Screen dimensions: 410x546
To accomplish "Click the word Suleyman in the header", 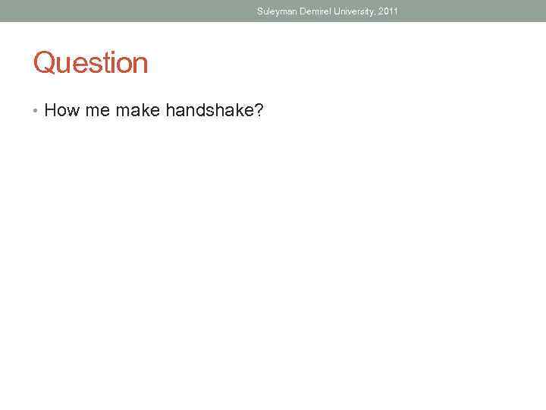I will [x=276, y=11].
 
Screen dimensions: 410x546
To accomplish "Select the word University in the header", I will [x=352, y=11].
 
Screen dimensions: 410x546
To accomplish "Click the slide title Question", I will [x=90, y=63].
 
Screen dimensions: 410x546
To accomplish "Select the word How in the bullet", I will [x=62, y=111].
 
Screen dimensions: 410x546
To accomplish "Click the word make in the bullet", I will [x=137, y=111].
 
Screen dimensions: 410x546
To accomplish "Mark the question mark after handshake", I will [x=259, y=111].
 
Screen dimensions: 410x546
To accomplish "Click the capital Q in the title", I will [x=44, y=63].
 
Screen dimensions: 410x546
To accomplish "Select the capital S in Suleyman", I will [x=260, y=11].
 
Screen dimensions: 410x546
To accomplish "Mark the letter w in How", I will [x=74, y=112].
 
